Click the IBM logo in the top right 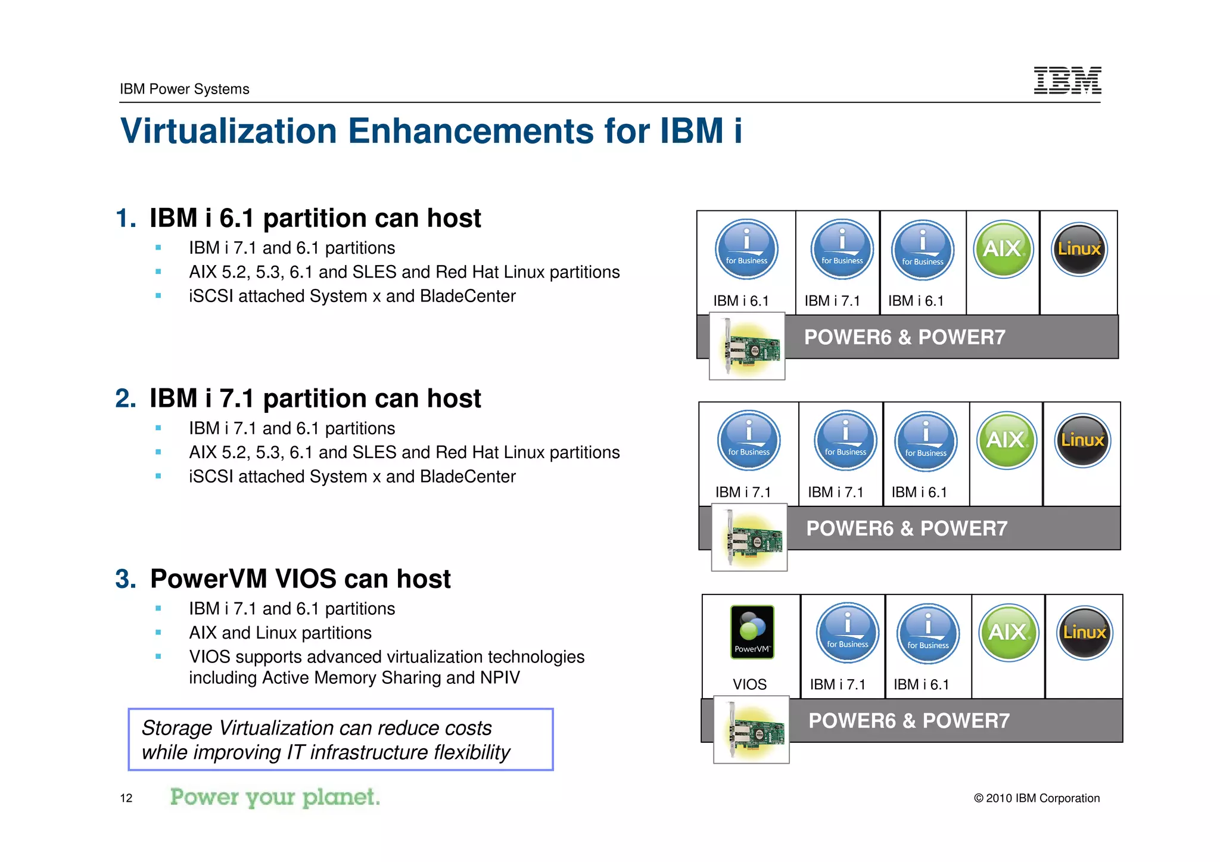[x=1067, y=80]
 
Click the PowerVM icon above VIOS [x=752, y=632]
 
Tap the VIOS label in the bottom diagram [x=749, y=684]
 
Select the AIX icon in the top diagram [x=1003, y=249]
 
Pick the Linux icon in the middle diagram [x=1082, y=440]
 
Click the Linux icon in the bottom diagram [x=1084, y=632]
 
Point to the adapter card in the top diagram [x=747, y=347]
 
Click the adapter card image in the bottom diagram [x=752, y=730]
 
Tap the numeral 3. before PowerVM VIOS [x=126, y=579]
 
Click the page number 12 [x=126, y=798]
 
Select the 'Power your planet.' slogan [x=275, y=797]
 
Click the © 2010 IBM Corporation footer [x=1037, y=798]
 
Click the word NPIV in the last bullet [x=499, y=678]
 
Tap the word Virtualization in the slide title [x=229, y=131]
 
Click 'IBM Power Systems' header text [x=184, y=89]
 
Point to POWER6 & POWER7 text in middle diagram [x=907, y=528]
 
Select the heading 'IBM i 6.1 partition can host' [x=315, y=218]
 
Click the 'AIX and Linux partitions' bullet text [x=280, y=633]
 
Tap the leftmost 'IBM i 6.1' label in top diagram [x=741, y=301]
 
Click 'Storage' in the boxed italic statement [x=177, y=728]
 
